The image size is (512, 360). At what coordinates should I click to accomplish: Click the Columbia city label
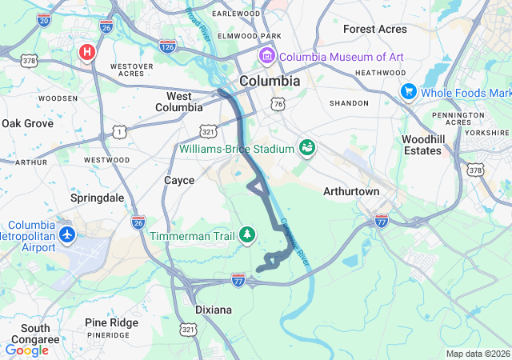click(270, 82)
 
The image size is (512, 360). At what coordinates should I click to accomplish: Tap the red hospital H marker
click(87, 53)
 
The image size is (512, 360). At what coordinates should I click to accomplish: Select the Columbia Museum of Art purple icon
click(266, 57)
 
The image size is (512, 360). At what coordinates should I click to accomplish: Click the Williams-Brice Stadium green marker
click(306, 148)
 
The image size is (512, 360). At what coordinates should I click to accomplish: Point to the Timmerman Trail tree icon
click(248, 234)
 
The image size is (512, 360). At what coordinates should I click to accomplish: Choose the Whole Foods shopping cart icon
click(408, 93)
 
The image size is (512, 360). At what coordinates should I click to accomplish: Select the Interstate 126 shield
click(167, 46)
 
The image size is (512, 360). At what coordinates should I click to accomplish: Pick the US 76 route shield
click(278, 104)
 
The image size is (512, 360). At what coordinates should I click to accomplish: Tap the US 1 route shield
click(119, 130)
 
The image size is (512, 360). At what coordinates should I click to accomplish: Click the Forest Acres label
click(374, 29)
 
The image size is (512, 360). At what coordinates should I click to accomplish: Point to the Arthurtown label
click(350, 192)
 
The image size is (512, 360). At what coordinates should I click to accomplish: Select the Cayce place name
click(179, 181)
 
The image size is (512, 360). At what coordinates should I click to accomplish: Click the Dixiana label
click(214, 309)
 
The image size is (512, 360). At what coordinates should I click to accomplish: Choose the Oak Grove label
click(27, 124)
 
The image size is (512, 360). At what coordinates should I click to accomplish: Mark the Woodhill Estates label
click(422, 145)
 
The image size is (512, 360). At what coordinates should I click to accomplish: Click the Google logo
click(26, 350)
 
